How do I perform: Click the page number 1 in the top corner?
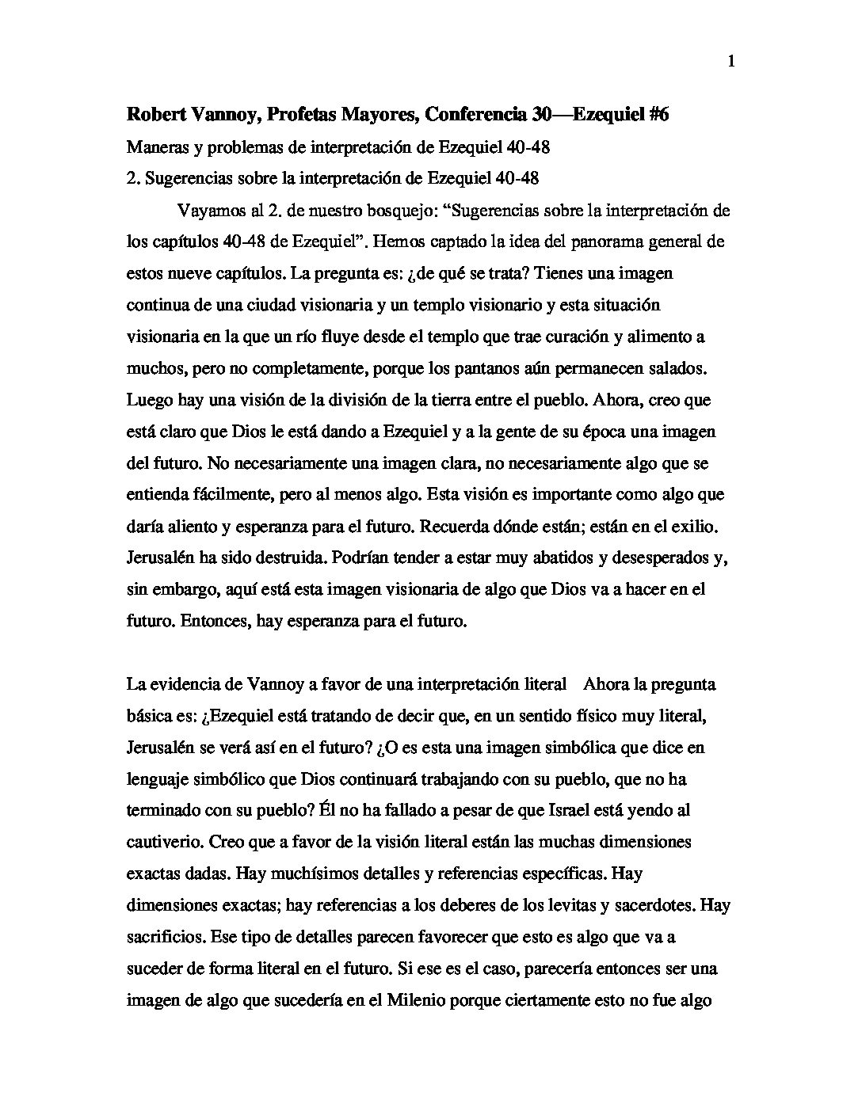click(731, 62)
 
